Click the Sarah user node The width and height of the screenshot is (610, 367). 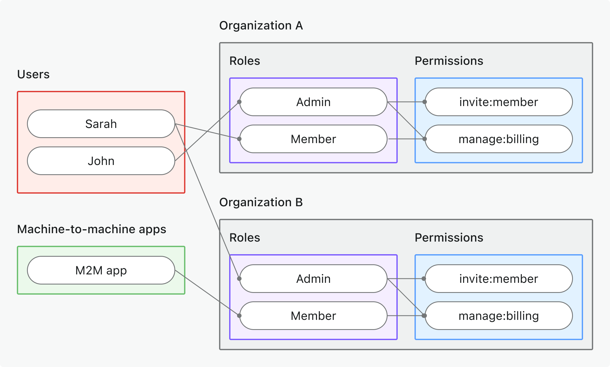click(101, 124)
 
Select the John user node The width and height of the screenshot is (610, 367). click(101, 161)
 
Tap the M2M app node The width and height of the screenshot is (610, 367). click(101, 270)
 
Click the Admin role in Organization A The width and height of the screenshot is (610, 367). click(313, 102)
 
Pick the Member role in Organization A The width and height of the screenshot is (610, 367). click(313, 139)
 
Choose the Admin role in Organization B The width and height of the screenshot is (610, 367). click(313, 279)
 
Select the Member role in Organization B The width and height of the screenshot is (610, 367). click(313, 316)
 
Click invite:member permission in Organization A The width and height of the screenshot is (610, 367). click(499, 102)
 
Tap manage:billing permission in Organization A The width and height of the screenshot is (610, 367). click(499, 139)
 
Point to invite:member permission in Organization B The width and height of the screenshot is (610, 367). click(499, 279)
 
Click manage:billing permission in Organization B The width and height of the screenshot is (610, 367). click(499, 316)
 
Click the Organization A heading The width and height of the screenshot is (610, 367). click(261, 26)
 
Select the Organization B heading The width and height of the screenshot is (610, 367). click(261, 202)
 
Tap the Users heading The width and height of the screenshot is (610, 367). click(33, 74)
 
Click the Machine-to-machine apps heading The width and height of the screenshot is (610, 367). click(92, 229)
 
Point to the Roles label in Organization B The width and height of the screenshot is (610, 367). click(245, 238)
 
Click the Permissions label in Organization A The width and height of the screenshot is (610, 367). click(449, 61)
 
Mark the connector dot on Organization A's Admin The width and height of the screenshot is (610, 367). click(239, 102)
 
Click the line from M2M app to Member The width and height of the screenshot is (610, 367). click(207, 293)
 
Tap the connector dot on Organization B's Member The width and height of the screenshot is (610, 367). click(239, 316)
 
